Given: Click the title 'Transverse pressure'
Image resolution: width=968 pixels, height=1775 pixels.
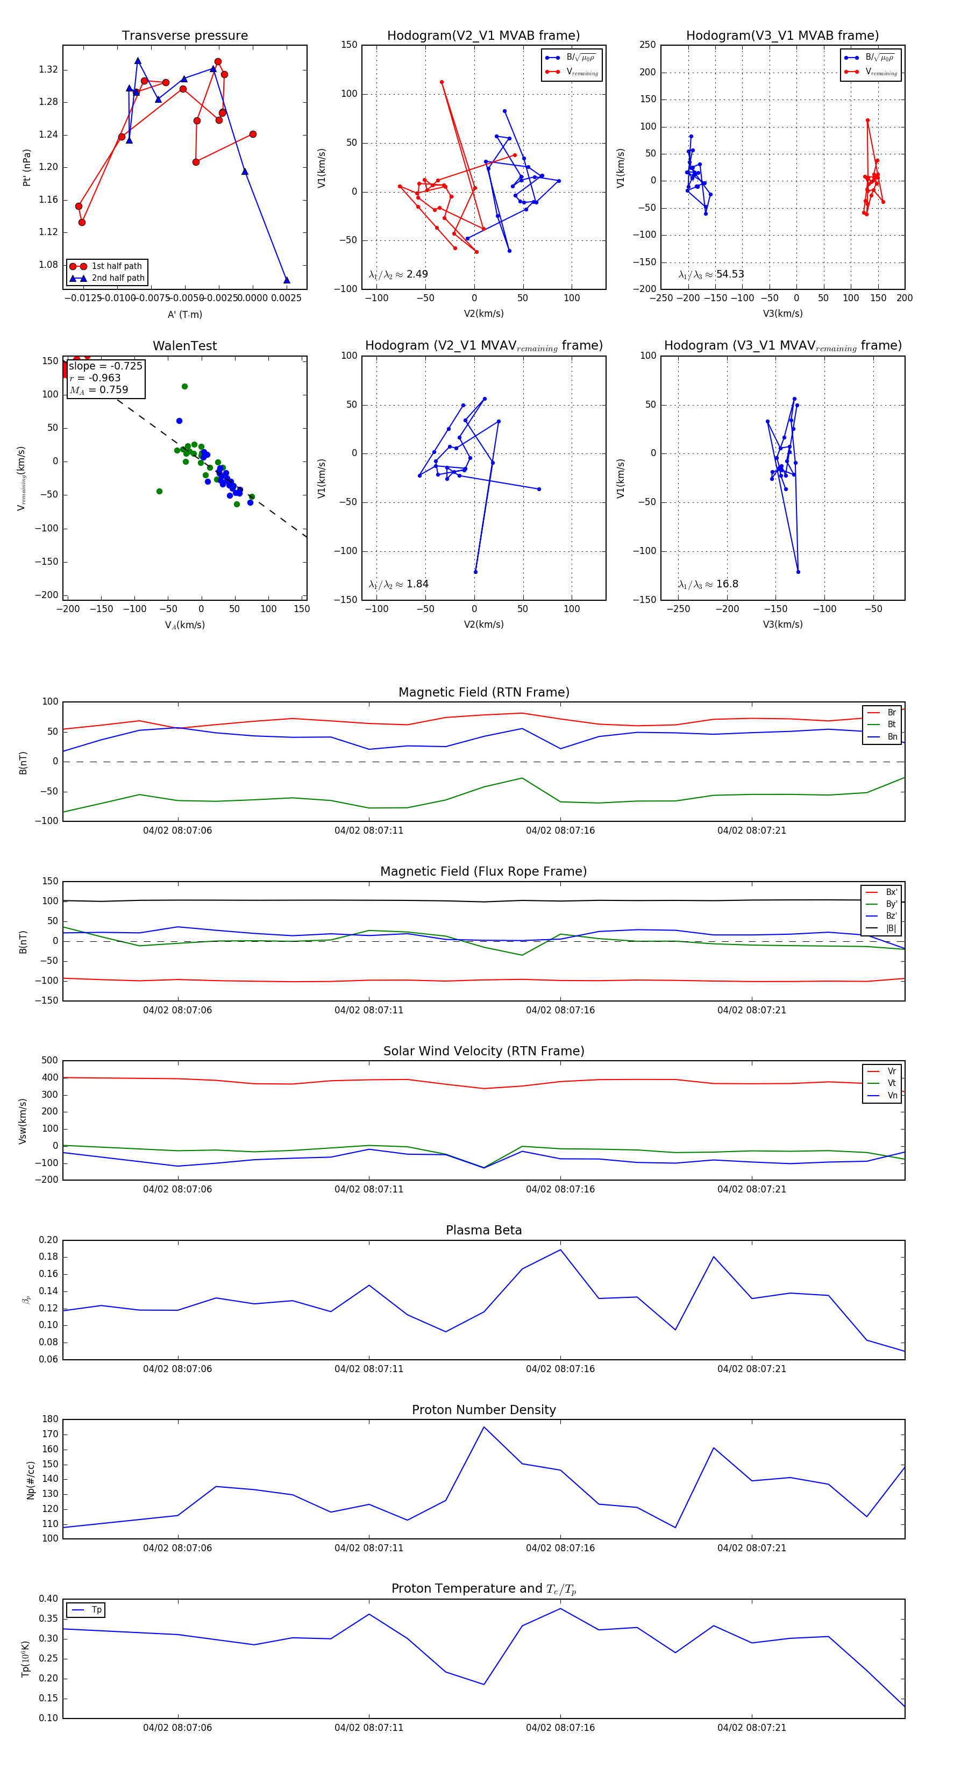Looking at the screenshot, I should [x=184, y=36].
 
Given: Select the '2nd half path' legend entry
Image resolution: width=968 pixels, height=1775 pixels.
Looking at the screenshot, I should [x=118, y=279].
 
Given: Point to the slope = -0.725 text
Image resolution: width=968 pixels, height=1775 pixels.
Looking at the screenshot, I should [x=105, y=366].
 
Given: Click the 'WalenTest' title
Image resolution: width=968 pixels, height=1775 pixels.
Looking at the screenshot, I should [x=184, y=346].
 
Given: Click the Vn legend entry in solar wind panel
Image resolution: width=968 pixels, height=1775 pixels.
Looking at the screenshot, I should [x=892, y=1096].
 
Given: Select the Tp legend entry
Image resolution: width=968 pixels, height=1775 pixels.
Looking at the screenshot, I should [x=96, y=1610].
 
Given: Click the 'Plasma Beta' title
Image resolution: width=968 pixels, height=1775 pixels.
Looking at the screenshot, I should [x=483, y=1230].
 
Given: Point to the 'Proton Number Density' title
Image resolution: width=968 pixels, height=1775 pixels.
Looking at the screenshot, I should [x=483, y=1410].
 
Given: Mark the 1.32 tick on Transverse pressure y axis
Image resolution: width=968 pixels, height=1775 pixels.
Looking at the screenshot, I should [x=48, y=69].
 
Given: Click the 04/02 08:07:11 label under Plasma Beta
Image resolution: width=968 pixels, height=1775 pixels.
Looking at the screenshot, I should [x=368, y=1368].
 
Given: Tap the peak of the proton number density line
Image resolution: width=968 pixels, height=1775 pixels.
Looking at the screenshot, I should [x=483, y=1427].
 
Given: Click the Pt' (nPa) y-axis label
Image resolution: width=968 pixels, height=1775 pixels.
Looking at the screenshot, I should [x=27, y=167].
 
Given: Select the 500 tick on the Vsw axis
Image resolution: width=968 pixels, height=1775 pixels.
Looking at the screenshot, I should [x=49, y=1061].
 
